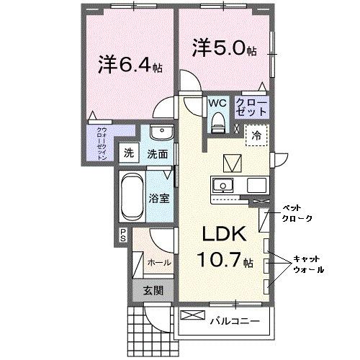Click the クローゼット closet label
[251, 108]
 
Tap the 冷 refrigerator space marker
[256, 134]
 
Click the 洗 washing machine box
[128, 153]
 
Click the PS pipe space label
[122, 233]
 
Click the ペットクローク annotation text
[296, 210]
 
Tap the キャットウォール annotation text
[307, 264]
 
